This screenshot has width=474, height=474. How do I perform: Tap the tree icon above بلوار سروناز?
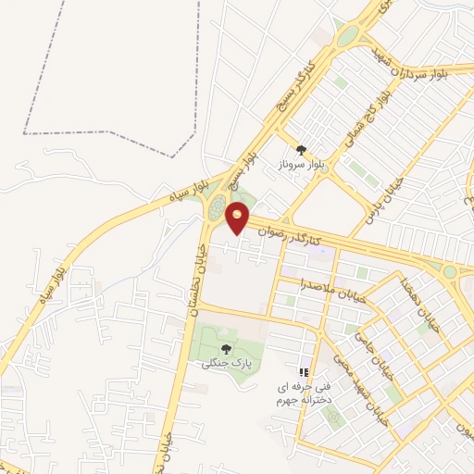pos(300,150)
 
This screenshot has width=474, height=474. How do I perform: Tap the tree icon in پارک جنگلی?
pos(226,349)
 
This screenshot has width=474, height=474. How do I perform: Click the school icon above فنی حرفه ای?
pos(303,372)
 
